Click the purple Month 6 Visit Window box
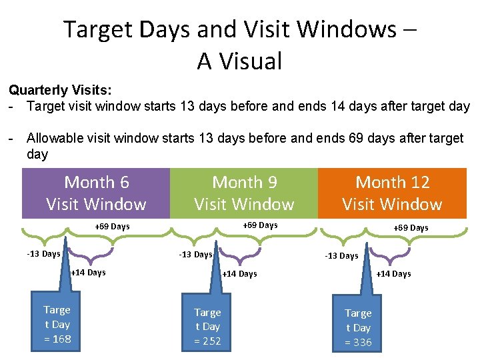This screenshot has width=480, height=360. pyautogui.click(x=96, y=193)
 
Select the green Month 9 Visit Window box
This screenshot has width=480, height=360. pyautogui.click(x=244, y=193)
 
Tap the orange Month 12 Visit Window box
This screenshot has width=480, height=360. pyautogui.click(x=392, y=193)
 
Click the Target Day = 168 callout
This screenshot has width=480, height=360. pyautogui.click(x=57, y=324)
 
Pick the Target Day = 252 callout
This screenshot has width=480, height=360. pyautogui.click(x=207, y=327)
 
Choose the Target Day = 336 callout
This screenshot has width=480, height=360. pyautogui.click(x=358, y=327)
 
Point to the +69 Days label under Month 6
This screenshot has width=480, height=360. pyautogui.click(x=112, y=227)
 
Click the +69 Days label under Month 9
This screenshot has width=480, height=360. pyautogui.click(x=260, y=225)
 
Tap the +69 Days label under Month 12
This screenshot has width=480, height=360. pyautogui.click(x=411, y=228)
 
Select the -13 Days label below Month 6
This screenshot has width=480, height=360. pyautogui.click(x=43, y=253)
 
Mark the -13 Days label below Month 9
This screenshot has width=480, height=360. pyautogui.click(x=195, y=254)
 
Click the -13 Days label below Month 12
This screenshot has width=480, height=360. pyautogui.click(x=341, y=256)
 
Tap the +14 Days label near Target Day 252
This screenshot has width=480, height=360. pyautogui.click(x=239, y=274)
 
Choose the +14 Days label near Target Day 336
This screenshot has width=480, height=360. pyautogui.click(x=394, y=274)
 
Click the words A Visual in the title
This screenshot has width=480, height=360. pyautogui.click(x=240, y=61)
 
